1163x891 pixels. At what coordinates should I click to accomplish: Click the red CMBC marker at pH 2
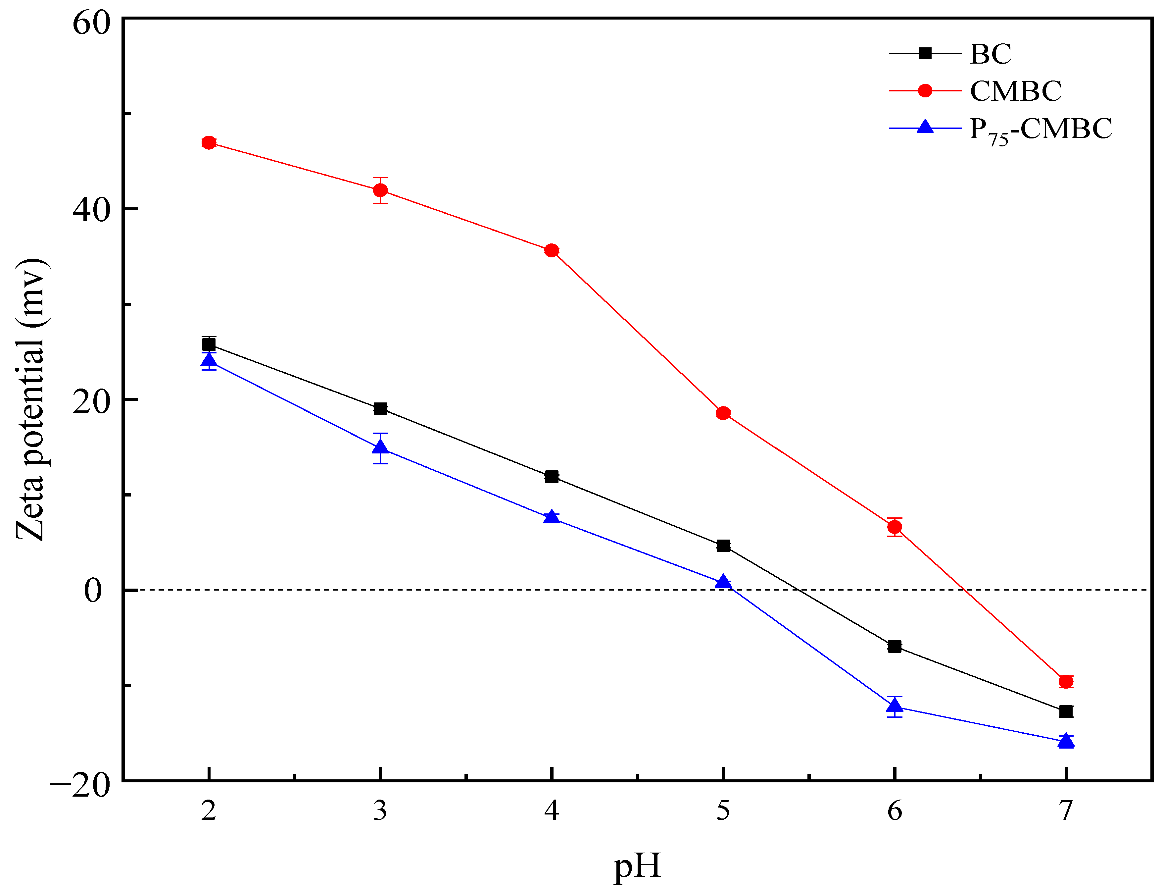[x=209, y=143]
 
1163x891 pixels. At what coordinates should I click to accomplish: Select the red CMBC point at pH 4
[x=552, y=250]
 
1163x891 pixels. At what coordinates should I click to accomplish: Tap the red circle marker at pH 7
[x=1066, y=682]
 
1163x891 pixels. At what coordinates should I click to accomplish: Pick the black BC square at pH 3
[x=380, y=408]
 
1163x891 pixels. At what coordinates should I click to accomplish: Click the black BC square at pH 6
[x=895, y=647]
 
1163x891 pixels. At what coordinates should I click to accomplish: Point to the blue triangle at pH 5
[x=723, y=582]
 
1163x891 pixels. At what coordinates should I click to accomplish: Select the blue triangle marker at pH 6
[x=895, y=706]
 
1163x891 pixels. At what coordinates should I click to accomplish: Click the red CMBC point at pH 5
[x=723, y=413]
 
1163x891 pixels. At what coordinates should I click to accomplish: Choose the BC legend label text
[x=990, y=54]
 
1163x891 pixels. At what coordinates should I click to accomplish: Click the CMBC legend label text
[x=1015, y=91]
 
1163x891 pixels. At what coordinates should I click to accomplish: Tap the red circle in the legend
[x=925, y=91]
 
